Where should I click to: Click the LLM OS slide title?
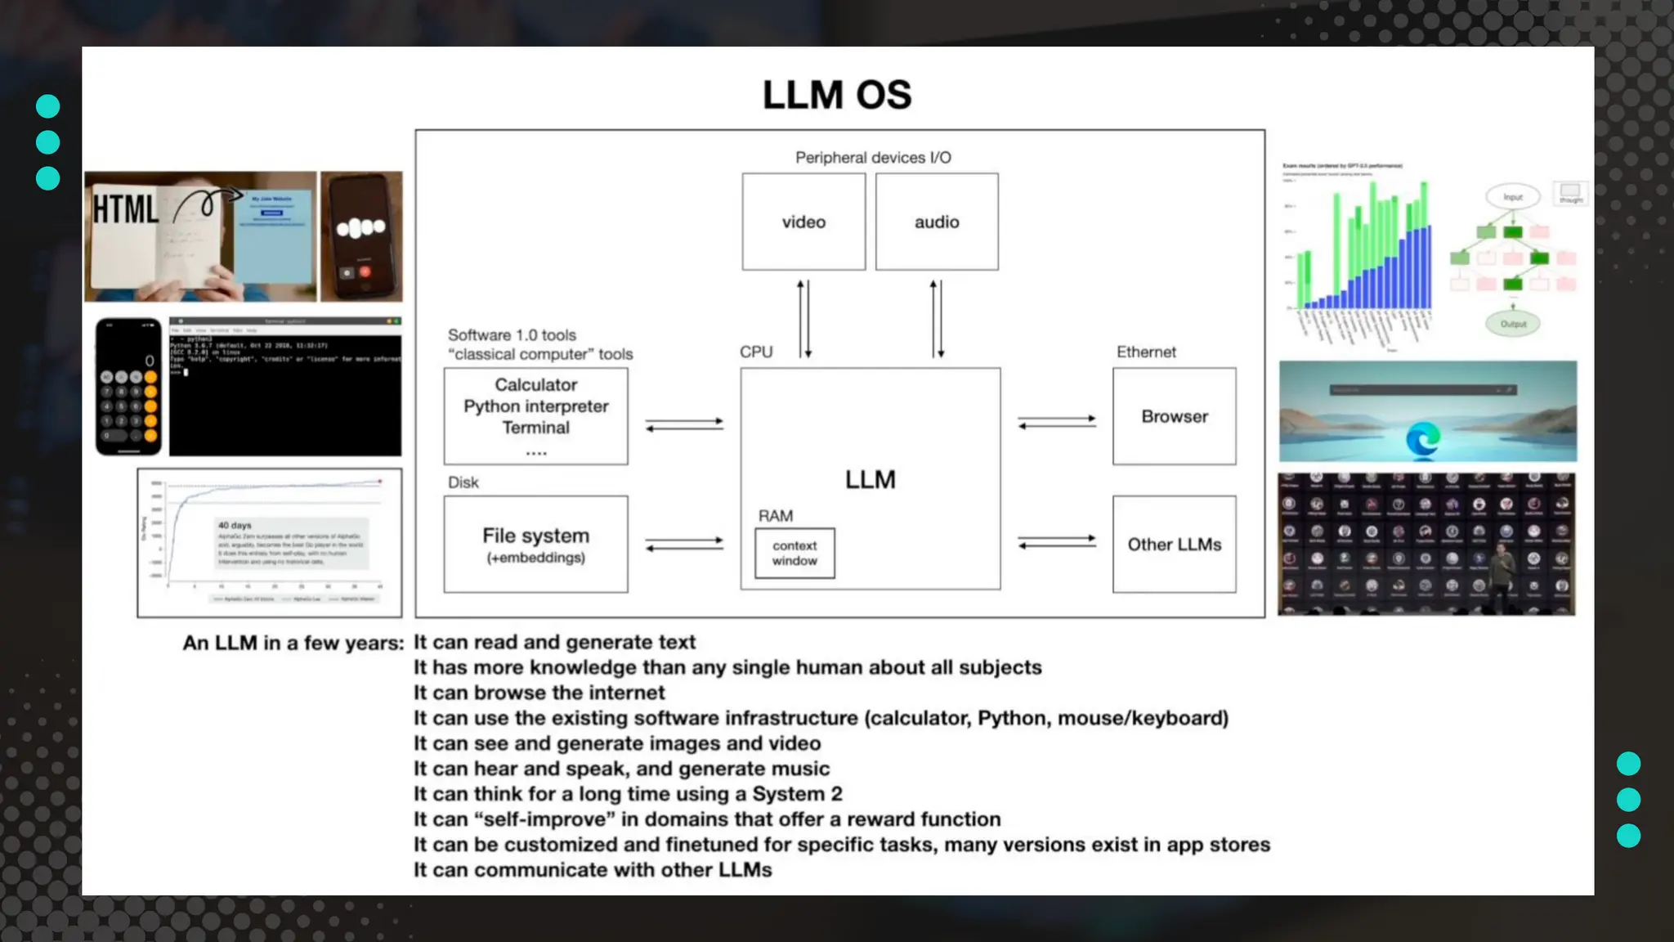coord(836,95)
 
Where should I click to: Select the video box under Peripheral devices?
coord(803,222)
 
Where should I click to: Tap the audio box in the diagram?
coord(937,222)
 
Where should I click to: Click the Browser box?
coord(1174,416)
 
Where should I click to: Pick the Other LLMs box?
coord(1174,544)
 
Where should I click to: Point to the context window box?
coord(794,553)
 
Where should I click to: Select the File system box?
coord(535,544)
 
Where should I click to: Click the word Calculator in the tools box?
coord(535,384)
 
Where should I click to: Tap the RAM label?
coord(775,516)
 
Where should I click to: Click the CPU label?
coord(756,352)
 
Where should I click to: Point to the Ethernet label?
coord(1146,352)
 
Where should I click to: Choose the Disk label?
coord(463,482)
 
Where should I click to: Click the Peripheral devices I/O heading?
coord(873,158)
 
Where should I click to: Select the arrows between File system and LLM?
coord(684,544)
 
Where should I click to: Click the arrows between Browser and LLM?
coord(1057,422)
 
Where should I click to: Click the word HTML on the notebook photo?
coord(125,209)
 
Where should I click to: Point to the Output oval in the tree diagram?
coord(1513,324)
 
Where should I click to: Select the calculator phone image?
coord(128,387)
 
